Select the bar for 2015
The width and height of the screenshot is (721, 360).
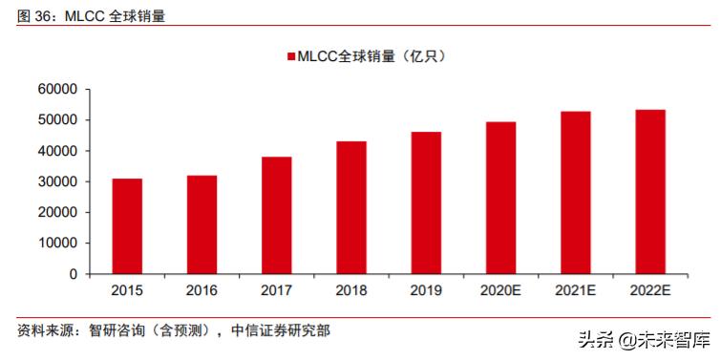pos(127,226)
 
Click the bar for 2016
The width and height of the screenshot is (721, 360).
pos(201,224)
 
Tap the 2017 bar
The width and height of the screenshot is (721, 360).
pos(276,216)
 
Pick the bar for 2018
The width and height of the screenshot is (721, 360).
pos(350,207)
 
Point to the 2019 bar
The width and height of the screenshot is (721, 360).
pos(426,202)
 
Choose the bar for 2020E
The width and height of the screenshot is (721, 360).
pos(500,198)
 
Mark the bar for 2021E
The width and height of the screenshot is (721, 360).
pos(575,193)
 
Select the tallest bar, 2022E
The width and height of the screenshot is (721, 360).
pos(650,192)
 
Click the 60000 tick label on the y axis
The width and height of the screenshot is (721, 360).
pos(57,90)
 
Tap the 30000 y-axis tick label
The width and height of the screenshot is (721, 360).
pos(57,181)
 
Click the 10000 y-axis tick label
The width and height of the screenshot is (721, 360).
pos(57,244)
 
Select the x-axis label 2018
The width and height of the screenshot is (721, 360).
pos(350,290)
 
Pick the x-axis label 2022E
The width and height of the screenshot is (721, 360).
pos(650,290)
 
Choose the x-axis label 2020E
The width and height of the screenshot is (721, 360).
pos(500,290)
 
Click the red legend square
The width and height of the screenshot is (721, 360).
pos(289,56)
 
